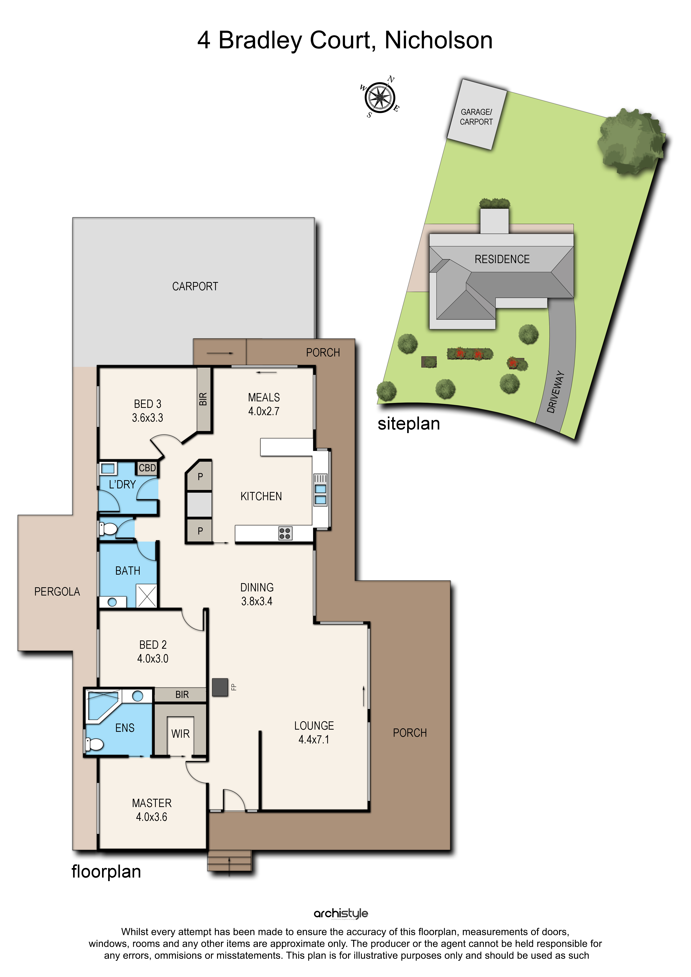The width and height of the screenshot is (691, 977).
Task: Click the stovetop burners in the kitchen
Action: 285,533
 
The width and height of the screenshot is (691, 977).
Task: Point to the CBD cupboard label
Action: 147,468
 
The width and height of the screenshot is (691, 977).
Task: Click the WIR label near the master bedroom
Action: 180,734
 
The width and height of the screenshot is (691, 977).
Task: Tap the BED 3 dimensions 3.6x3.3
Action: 148,418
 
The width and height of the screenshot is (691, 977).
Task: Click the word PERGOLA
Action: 57,591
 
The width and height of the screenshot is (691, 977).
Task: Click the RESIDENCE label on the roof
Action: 502,259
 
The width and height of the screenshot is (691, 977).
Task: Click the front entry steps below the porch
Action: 229,860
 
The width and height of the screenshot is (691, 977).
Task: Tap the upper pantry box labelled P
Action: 200,476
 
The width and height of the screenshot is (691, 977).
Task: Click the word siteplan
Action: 409,424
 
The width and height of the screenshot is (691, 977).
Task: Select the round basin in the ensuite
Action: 137,696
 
